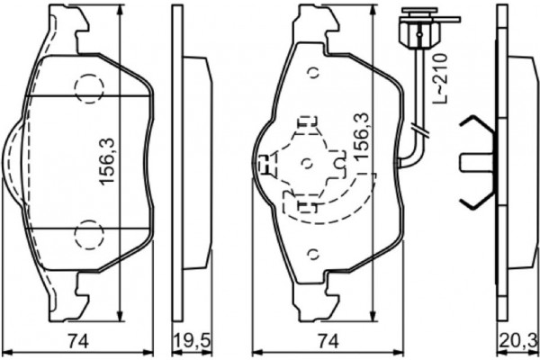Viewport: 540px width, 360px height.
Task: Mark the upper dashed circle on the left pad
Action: coord(89,87)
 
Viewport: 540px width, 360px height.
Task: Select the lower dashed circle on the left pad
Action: coord(89,235)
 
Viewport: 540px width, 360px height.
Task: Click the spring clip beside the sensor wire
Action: coord(477,161)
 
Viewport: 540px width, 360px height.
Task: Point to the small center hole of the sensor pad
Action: coord(308,162)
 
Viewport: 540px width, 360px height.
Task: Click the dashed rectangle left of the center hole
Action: coord(266,163)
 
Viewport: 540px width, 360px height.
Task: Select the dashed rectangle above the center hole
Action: coord(308,121)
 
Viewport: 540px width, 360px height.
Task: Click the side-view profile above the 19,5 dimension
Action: coord(191,162)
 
